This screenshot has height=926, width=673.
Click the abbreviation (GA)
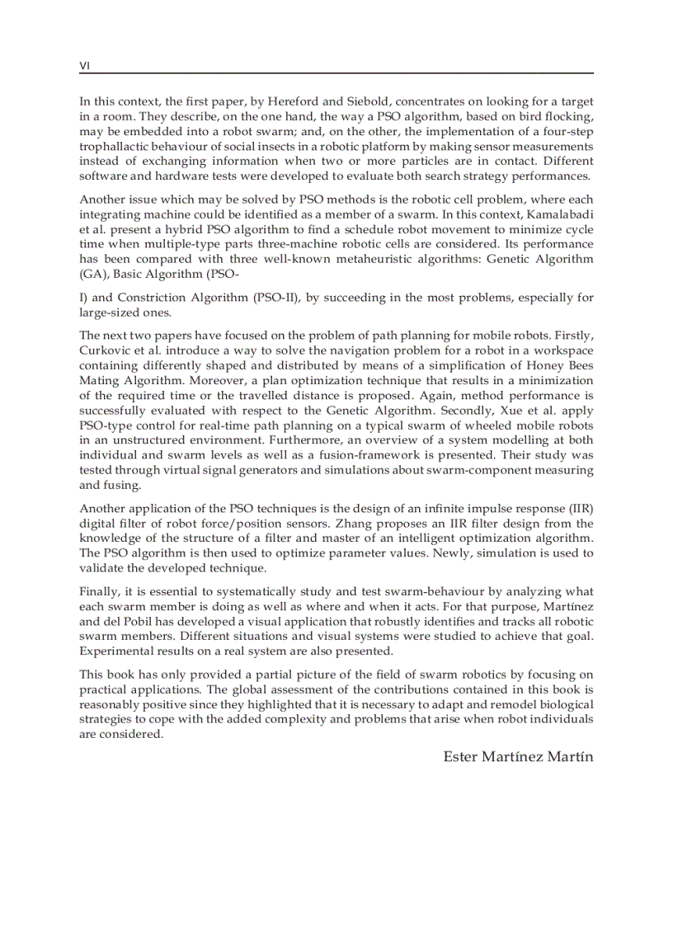point(93,274)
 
